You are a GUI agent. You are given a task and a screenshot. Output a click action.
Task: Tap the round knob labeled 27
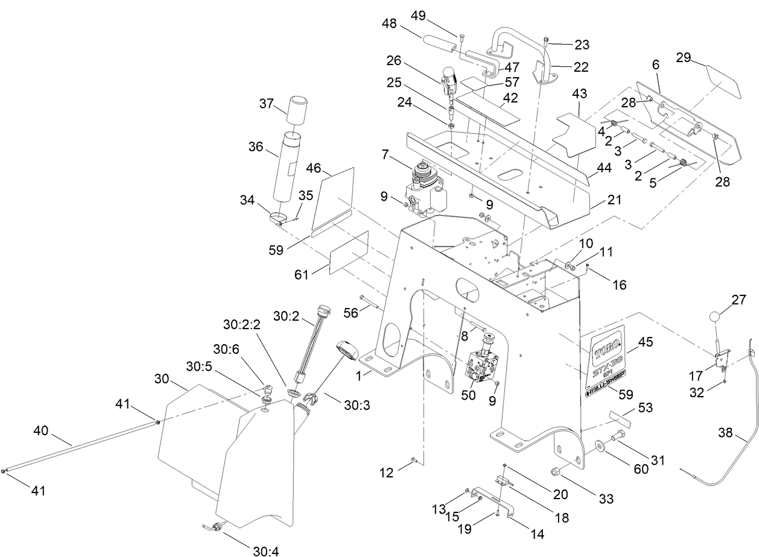(x=714, y=316)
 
